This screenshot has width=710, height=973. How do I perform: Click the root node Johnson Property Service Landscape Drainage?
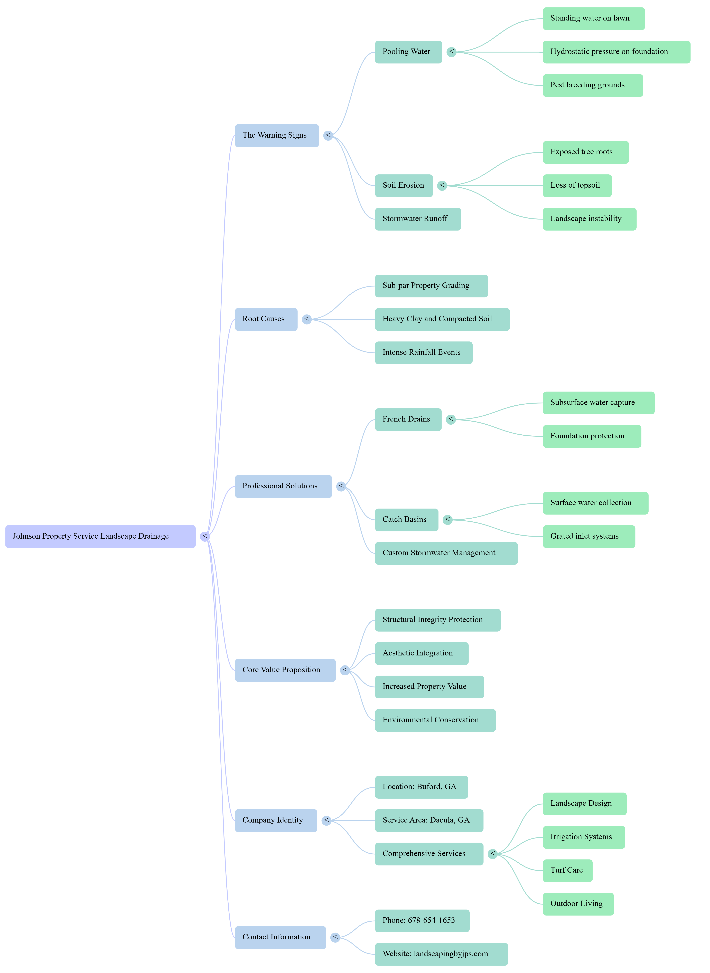tap(100, 536)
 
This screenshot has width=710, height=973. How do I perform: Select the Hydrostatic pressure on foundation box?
tap(616, 52)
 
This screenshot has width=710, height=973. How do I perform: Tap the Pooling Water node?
tap(408, 52)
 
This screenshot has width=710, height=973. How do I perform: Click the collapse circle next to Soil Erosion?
tap(442, 186)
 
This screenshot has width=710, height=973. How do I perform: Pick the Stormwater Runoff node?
tap(418, 219)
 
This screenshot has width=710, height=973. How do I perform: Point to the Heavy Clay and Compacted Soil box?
tap(442, 319)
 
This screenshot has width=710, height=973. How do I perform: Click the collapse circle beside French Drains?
tap(450, 419)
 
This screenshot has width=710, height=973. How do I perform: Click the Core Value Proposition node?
tap(285, 670)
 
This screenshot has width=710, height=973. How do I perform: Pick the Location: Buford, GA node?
tap(421, 787)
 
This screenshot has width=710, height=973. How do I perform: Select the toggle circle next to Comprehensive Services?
tap(492, 854)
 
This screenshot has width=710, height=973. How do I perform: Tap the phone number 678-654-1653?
tap(422, 921)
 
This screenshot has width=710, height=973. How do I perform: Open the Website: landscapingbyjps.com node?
tap(441, 954)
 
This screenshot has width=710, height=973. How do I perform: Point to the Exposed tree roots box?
tap(585, 152)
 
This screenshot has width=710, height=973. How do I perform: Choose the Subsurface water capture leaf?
tap(598, 403)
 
